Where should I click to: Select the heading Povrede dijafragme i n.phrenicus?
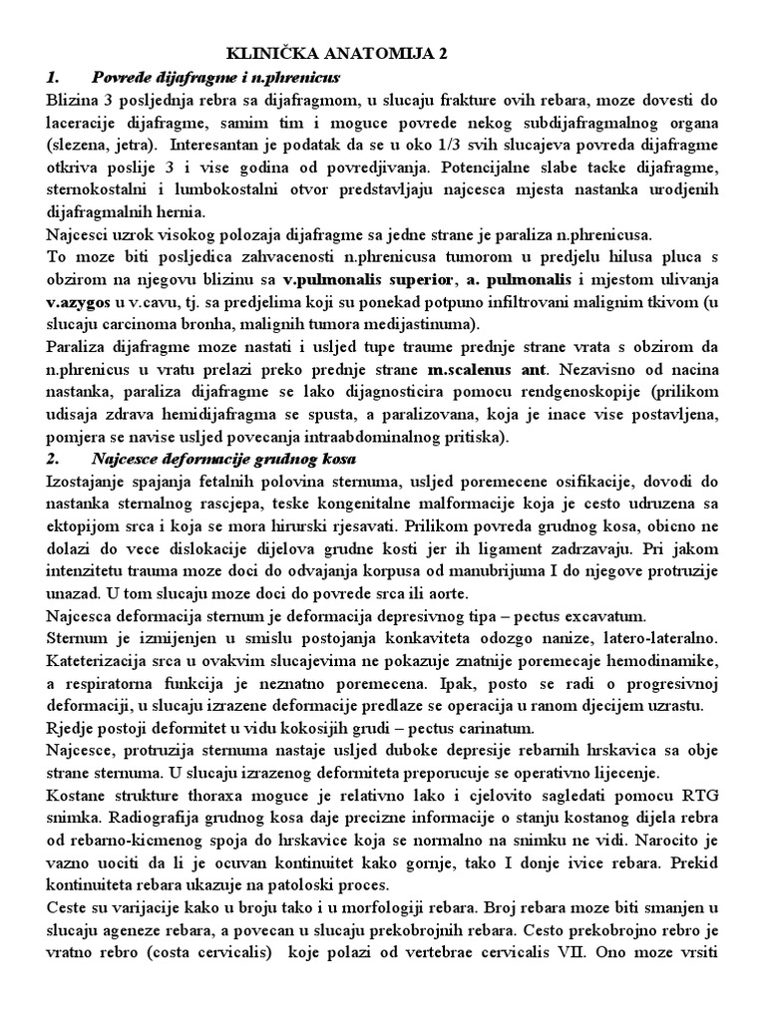[x=215, y=77]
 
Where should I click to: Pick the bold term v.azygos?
[x=76, y=298]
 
